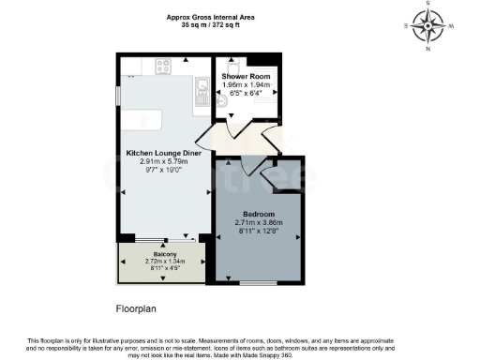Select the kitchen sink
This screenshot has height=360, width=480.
click(x=201, y=91)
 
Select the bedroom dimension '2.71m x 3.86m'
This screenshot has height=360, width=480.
click(x=258, y=222)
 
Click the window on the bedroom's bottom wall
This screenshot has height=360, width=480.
click(x=258, y=282)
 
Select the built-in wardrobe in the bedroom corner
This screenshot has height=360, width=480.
click(x=280, y=176)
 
